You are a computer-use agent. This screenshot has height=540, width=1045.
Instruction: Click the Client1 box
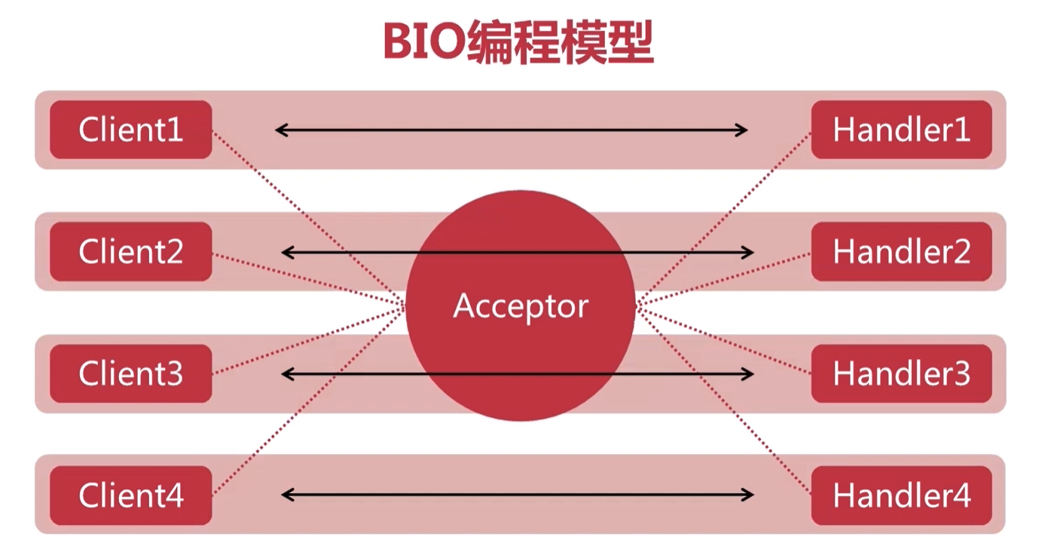click(130, 130)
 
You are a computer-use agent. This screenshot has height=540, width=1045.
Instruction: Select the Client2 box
click(130, 251)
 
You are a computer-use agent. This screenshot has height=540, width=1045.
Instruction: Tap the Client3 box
click(130, 373)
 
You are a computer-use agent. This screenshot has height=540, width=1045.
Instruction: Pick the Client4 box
click(130, 496)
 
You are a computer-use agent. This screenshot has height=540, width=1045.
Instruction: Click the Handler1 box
click(901, 130)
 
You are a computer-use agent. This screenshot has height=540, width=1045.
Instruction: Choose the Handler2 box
click(901, 251)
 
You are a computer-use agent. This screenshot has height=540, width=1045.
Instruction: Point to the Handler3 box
click(901, 373)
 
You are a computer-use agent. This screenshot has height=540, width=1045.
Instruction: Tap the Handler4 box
click(901, 496)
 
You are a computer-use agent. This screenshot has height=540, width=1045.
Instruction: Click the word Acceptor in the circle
click(521, 306)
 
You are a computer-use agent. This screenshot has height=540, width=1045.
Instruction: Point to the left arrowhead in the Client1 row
click(281, 130)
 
